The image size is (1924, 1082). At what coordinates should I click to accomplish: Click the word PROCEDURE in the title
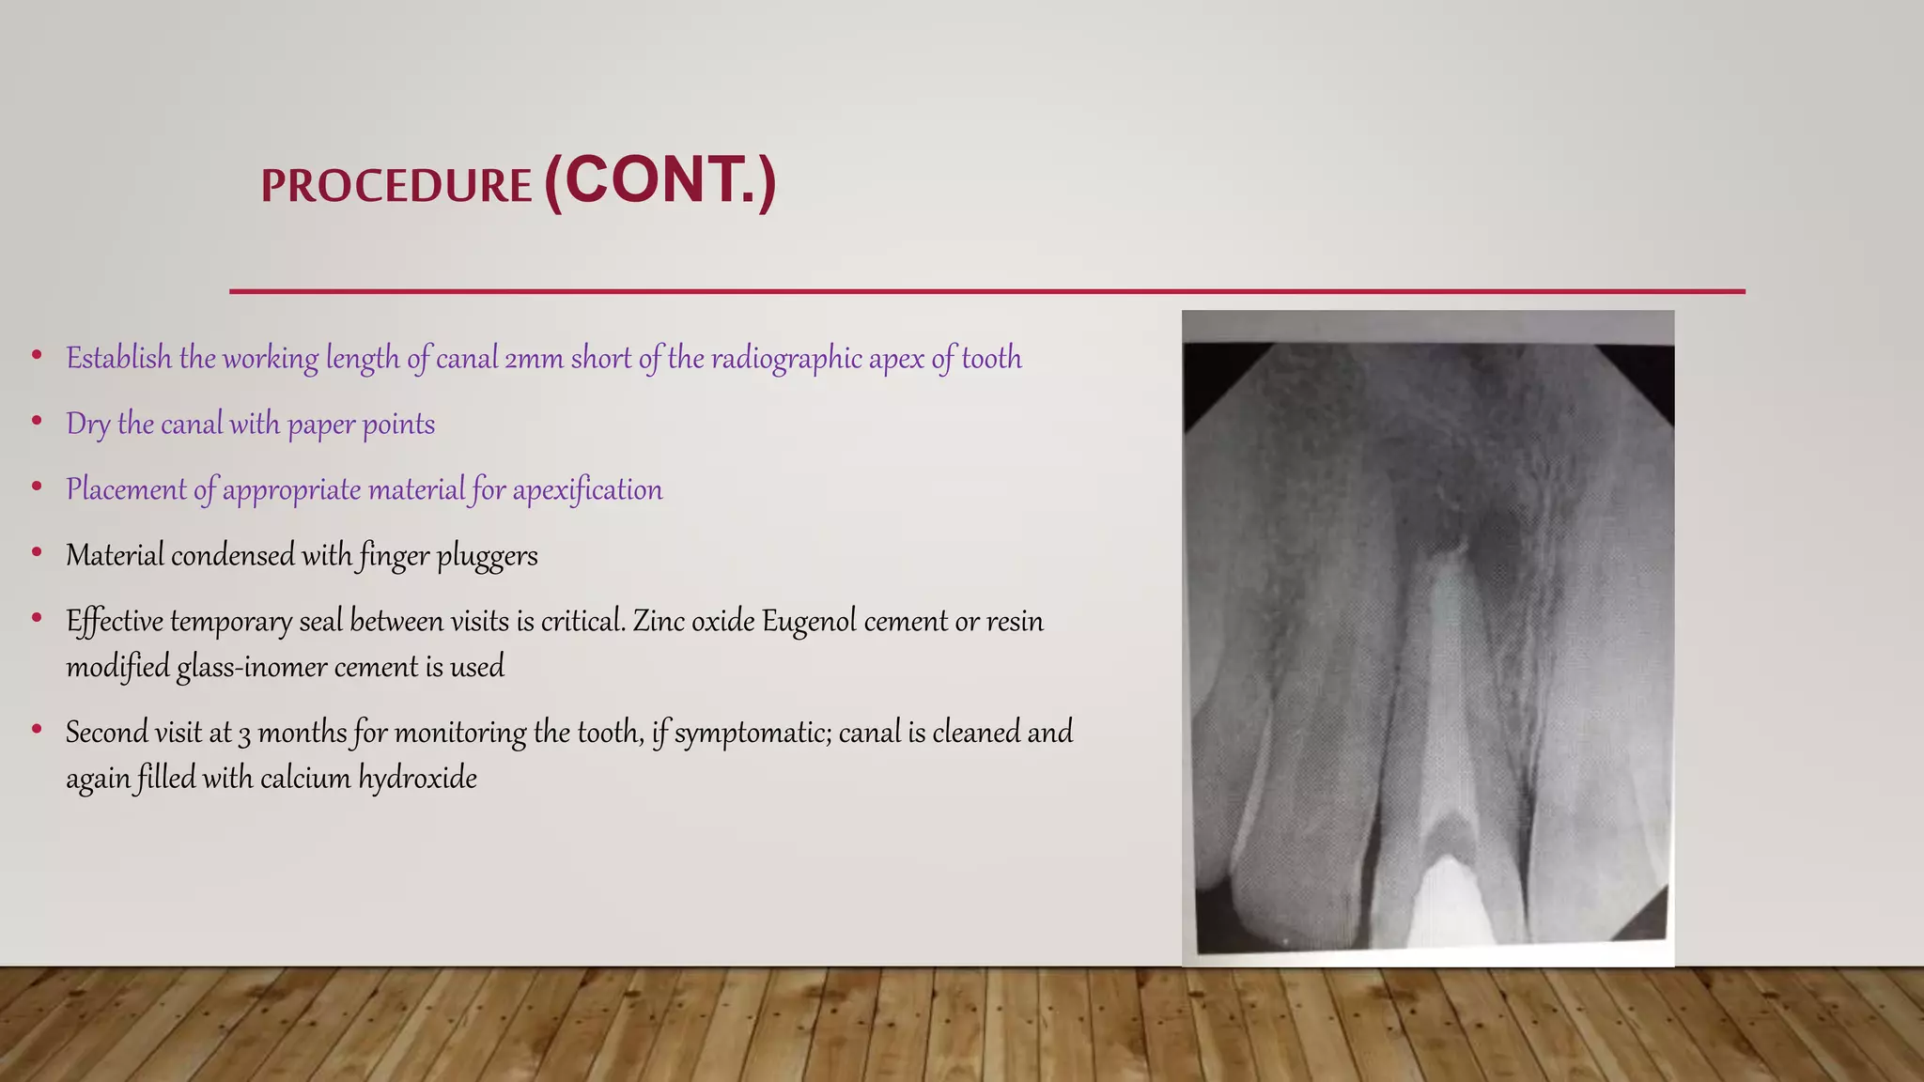click(396, 186)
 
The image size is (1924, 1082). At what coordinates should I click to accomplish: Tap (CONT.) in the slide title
click(659, 180)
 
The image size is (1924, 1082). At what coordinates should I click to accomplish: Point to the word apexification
click(587, 489)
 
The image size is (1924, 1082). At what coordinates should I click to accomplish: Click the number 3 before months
click(244, 734)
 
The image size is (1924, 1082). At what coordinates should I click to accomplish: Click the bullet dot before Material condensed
click(37, 552)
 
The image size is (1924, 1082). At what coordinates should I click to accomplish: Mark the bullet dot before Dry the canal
click(37, 421)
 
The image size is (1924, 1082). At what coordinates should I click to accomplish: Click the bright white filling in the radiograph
click(1447, 902)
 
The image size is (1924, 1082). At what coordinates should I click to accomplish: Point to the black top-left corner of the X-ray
click(1212, 371)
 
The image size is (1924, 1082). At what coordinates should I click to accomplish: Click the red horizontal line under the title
click(986, 291)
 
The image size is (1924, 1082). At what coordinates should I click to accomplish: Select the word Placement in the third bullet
click(126, 489)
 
